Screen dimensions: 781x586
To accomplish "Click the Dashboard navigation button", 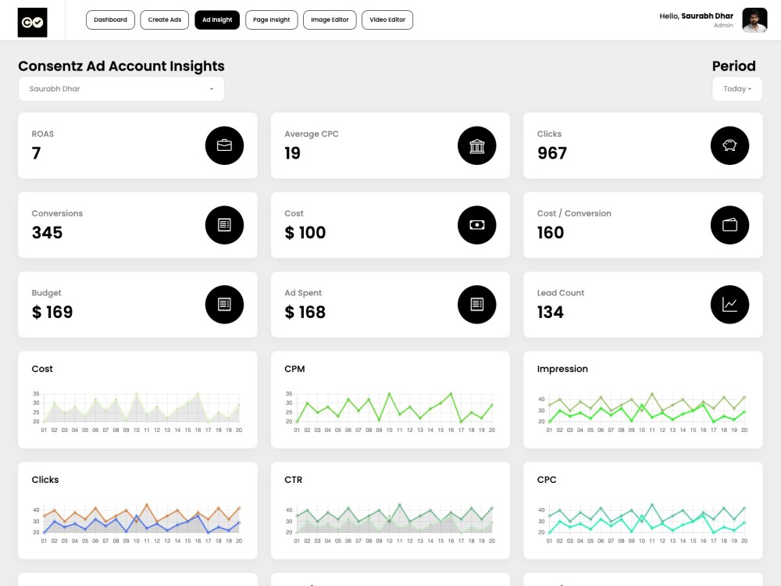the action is click(110, 20).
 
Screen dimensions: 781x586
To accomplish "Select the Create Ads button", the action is click(164, 20).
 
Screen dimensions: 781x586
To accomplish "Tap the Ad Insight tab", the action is click(217, 20).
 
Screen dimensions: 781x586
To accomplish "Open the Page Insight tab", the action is click(272, 20).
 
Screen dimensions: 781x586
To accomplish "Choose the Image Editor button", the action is click(330, 20).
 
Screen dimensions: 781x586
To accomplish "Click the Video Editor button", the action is click(387, 20).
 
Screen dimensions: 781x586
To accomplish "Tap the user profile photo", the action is click(754, 20).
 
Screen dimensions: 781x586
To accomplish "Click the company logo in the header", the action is click(32, 23).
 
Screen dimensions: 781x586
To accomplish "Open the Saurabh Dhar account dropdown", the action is click(121, 89).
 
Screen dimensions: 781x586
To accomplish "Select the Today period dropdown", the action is click(737, 89).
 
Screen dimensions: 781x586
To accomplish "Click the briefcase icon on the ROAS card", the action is click(224, 145).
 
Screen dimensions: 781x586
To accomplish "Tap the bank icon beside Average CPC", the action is click(476, 145).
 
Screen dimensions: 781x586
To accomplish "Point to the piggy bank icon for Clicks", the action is click(729, 145).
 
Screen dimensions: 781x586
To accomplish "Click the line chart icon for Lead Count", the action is click(729, 305).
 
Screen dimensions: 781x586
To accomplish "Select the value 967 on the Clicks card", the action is click(552, 153).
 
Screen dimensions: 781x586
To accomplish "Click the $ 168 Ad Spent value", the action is click(305, 312).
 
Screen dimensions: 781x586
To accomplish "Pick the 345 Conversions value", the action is click(48, 233).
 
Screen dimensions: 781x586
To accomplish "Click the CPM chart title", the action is click(294, 369).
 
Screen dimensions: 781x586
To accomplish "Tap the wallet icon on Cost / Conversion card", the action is click(729, 225).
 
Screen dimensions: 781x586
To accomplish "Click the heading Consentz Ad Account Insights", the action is click(121, 66).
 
